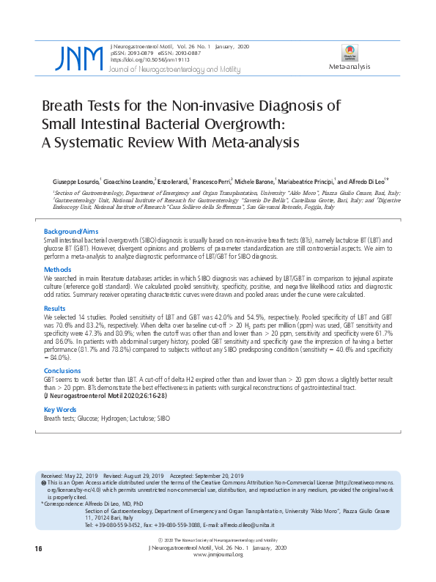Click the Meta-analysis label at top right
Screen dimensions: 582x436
coord(350,67)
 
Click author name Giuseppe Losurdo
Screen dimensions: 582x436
coord(75,181)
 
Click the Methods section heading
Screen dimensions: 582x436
coord(57,270)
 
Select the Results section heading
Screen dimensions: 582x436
coord(55,309)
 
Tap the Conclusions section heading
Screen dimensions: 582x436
coord(62,370)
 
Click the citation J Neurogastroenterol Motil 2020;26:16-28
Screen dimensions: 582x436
coord(108,396)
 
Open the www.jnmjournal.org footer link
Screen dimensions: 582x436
coord(218,554)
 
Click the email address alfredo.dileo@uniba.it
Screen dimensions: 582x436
coord(275,525)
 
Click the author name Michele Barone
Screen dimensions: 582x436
coord(253,181)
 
